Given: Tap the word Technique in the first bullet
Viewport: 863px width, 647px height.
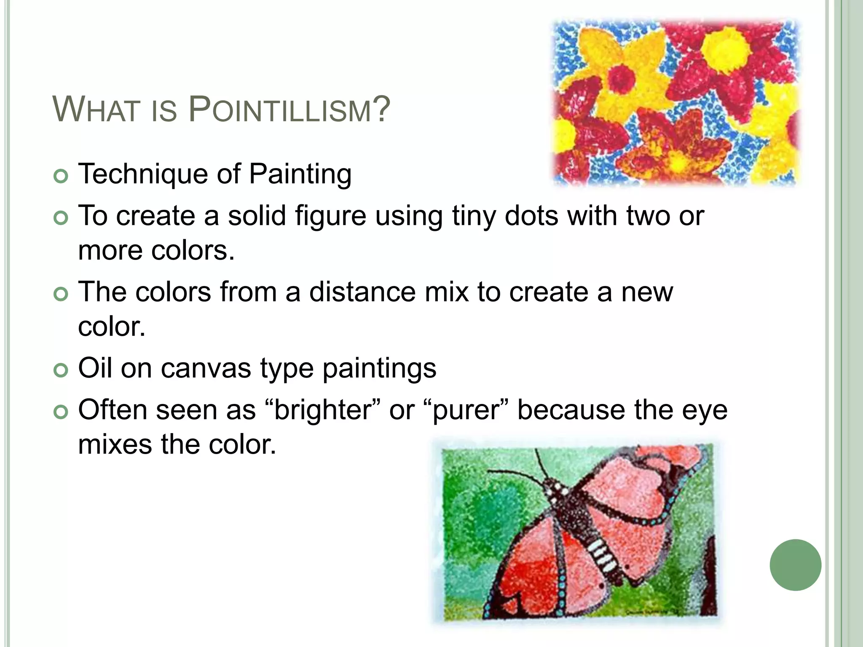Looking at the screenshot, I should point(142,174).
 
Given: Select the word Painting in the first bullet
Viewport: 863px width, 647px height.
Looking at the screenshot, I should point(300,174).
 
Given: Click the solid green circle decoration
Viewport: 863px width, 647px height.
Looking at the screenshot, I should point(795,565).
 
